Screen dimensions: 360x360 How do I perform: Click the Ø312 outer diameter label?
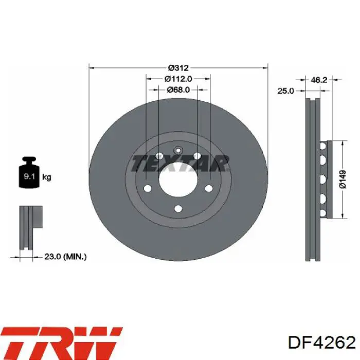click(178, 68)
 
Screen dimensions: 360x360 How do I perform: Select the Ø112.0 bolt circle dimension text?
click(178, 79)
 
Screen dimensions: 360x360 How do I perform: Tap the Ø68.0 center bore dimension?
click(178, 89)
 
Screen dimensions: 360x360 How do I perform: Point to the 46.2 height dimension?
click(319, 80)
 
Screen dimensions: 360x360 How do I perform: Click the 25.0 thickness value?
click(285, 91)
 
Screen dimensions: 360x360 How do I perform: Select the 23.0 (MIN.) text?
click(64, 256)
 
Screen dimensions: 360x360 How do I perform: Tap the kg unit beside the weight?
click(47, 177)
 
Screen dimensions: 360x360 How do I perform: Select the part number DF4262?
click(322, 343)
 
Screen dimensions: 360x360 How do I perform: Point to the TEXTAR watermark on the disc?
click(178, 163)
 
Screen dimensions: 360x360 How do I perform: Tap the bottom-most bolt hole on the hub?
click(178, 208)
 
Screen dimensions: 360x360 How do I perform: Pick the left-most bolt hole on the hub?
click(148, 188)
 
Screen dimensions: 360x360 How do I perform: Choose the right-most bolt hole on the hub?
click(208, 188)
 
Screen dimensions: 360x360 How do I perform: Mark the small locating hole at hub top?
click(178, 150)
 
